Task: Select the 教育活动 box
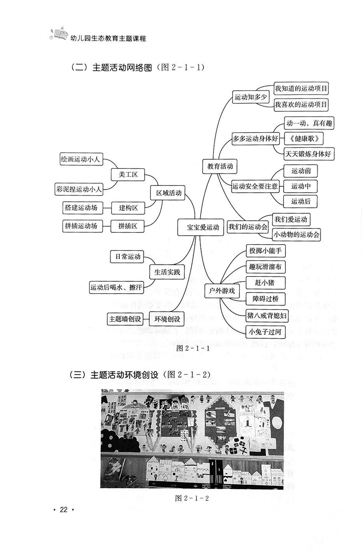coord(220,166)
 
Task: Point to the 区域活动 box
coord(169,193)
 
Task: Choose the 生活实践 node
coord(167,272)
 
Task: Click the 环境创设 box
coord(167,319)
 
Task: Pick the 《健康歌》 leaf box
coord(304,138)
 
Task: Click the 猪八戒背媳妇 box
coord(266,315)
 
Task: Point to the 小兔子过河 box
coord(265,332)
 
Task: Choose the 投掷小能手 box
coord(265,251)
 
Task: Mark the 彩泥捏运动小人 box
coord(79,189)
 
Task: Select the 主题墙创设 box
coord(125,319)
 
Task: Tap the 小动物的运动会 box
coord(296,234)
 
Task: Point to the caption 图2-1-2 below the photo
coord(192,498)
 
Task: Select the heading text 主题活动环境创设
coord(124,375)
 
